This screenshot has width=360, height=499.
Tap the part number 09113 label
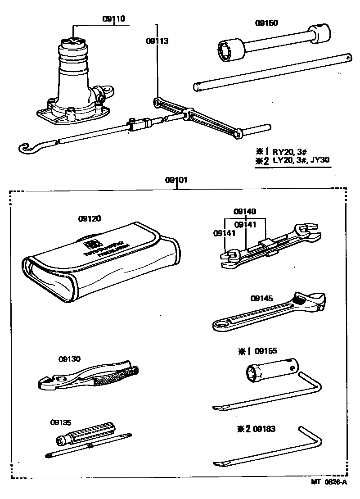click(x=157, y=41)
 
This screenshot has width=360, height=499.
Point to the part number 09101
click(x=176, y=180)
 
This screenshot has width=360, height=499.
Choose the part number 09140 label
click(x=245, y=211)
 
